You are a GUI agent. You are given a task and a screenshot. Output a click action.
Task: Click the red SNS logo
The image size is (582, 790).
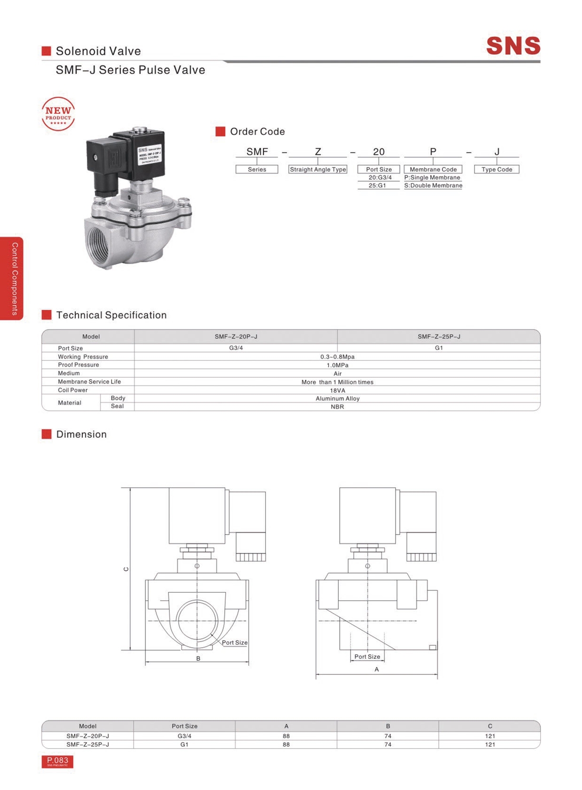tap(513, 46)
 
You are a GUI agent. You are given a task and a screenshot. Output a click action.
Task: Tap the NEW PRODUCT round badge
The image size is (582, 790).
tap(58, 114)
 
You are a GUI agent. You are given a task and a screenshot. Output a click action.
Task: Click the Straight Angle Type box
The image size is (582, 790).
tap(318, 170)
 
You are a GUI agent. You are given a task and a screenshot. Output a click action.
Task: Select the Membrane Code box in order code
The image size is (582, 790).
tap(433, 170)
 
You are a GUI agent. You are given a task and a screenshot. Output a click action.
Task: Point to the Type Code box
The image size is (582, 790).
tap(497, 170)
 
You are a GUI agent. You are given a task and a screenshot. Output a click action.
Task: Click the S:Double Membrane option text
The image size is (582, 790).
tap(433, 185)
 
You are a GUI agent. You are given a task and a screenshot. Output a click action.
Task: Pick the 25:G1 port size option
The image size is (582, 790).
tap(378, 185)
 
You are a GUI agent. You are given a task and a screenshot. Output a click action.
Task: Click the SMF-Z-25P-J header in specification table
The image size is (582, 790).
tap(439, 337)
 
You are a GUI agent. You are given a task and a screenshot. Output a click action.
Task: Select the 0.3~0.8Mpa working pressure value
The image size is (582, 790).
tap(337, 357)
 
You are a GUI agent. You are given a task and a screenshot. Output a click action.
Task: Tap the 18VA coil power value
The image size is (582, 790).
tap(337, 390)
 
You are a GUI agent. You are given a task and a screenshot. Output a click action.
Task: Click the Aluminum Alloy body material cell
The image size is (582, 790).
tap(337, 399)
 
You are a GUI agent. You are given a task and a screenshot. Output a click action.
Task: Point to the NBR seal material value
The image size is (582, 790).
tap(337, 407)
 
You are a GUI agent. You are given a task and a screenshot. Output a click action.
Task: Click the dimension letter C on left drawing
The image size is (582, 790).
tap(126, 569)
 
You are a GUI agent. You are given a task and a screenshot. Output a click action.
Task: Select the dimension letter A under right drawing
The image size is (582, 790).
tap(377, 669)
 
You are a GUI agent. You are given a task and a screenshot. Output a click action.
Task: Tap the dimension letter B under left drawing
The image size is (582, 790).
tap(198, 658)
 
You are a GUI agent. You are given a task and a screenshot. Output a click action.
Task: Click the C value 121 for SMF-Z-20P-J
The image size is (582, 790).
tap(490, 736)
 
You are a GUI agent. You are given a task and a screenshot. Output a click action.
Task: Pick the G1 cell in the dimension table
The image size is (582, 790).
tap(184, 745)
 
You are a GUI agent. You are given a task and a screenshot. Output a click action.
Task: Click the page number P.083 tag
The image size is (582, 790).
tap(57, 761)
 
